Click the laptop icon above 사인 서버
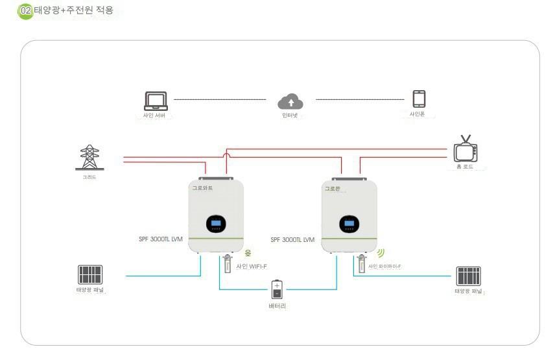click(155, 101)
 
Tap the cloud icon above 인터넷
click(290, 102)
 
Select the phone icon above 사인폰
click(419, 99)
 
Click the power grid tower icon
click(89, 158)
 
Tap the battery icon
click(277, 289)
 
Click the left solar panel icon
click(90, 274)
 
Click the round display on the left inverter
click(216, 224)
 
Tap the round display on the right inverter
click(349, 224)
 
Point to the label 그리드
click(89, 176)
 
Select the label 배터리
click(277, 306)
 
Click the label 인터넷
click(290, 115)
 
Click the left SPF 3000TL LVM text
click(160, 239)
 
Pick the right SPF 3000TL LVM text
click(292, 239)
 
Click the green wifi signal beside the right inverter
click(381, 252)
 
